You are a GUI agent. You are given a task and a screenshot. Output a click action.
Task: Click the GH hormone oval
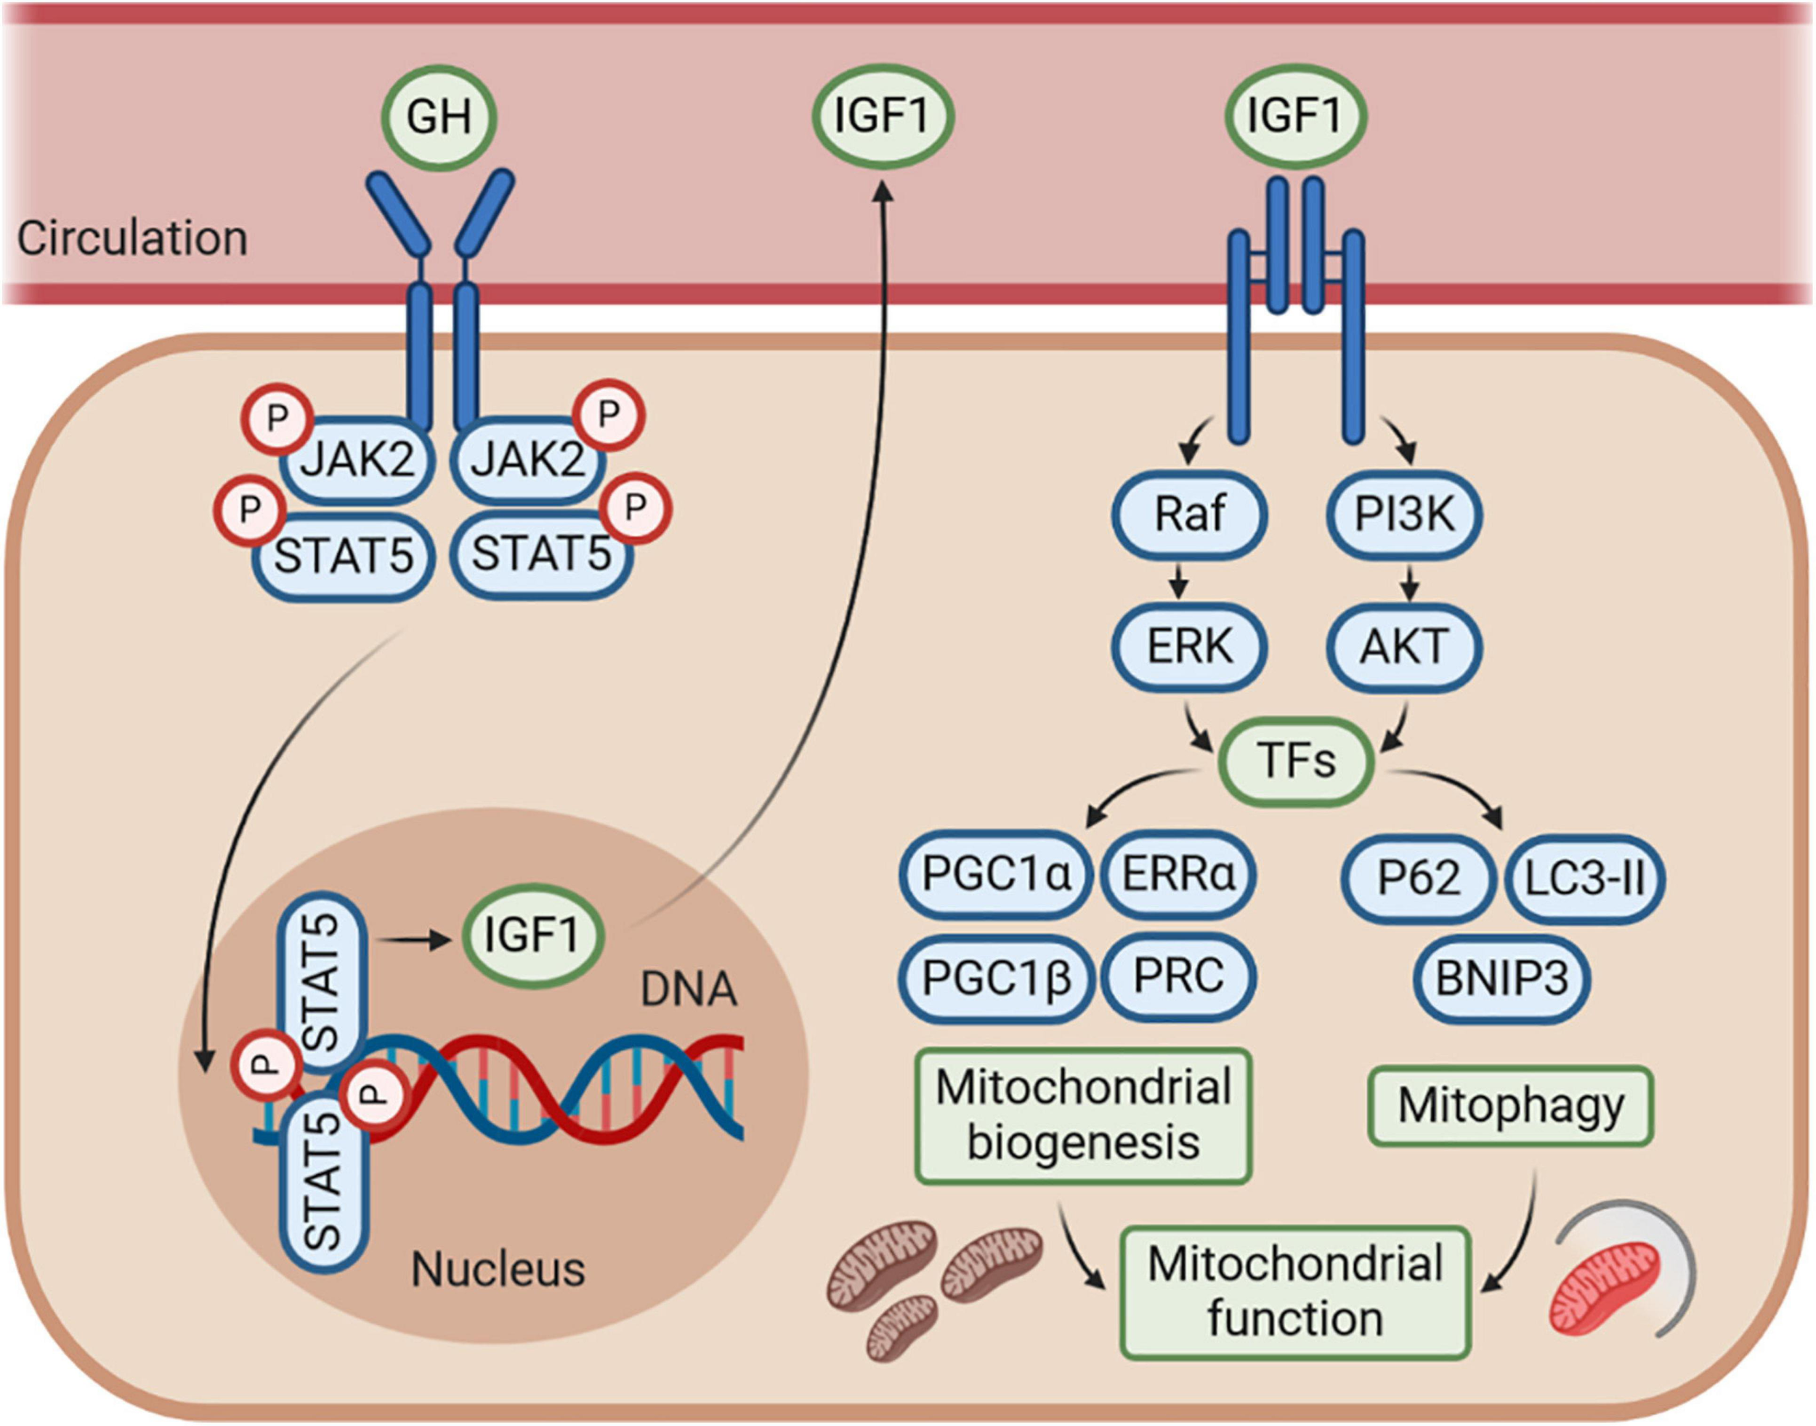pyautogui.click(x=439, y=118)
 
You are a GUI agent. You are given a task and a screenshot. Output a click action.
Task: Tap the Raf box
pyautogui.click(x=1189, y=514)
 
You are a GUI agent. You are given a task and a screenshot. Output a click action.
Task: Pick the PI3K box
pyautogui.click(x=1404, y=514)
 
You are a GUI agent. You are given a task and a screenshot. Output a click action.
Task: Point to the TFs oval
pyautogui.click(x=1297, y=761)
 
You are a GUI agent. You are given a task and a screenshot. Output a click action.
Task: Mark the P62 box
pyautogui.click(x=1419, y=878)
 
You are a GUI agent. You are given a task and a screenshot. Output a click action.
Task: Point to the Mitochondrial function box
pyautogui.click(x=1295, y=1292)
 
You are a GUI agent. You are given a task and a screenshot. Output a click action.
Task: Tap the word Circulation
pyautogui.click(x=132, y=239)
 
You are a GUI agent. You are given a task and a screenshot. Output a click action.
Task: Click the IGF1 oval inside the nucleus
pyautogui.click(x=532, y=934)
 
